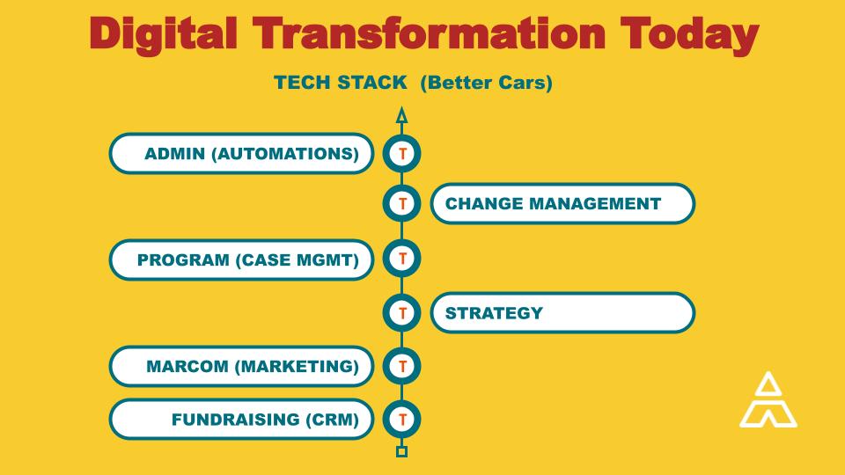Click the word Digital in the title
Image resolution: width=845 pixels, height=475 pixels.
tap(164, 35)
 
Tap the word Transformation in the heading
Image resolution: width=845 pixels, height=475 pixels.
tap(429, 34)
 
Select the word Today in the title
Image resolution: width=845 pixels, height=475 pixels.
tap(689, 35)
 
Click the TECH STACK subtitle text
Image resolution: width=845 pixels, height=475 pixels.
tap(340, 83)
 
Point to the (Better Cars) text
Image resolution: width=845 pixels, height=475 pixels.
tap(486, 83)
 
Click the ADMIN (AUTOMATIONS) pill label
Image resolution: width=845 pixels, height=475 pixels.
tap(241, 153)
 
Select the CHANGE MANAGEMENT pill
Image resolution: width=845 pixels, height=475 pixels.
tap(562, 203)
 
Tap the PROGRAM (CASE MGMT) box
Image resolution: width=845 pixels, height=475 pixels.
tap(241, 260)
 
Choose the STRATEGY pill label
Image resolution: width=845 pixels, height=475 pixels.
tap(562, 313)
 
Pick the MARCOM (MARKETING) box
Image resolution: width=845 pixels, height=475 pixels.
tap(241, 366)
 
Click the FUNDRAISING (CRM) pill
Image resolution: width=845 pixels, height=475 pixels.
tap(241, 419)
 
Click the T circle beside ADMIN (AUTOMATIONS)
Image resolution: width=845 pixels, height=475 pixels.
tap(402, 153)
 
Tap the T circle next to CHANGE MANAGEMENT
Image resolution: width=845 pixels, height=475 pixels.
tap(402, 203)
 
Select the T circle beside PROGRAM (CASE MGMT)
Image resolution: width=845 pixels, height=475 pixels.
tap(402, 259)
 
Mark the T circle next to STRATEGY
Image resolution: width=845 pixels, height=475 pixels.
tap(402, 313)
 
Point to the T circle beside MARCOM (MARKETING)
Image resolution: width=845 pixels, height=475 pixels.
tap(402, 366)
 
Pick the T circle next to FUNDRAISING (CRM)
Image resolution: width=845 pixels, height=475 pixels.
tap(402, 419)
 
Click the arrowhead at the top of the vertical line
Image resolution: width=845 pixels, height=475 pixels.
tap(401, 115)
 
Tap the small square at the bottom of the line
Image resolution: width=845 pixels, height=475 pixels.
tap(401, 452)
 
